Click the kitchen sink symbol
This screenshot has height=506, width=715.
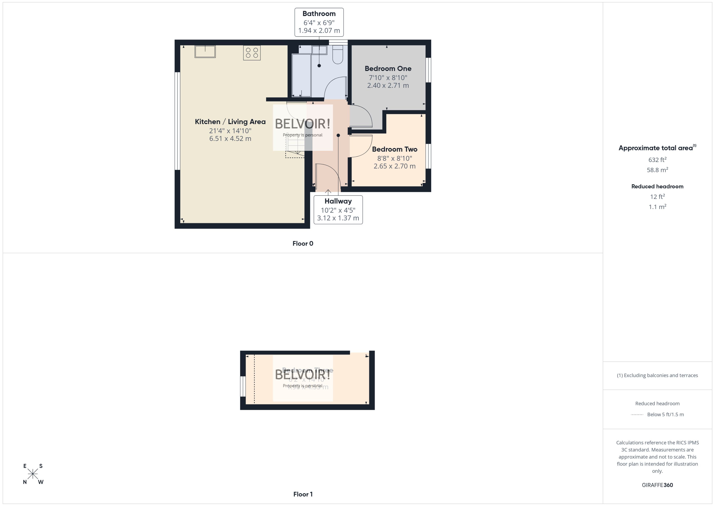click(205, 52)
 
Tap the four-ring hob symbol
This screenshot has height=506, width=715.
click(252, 53)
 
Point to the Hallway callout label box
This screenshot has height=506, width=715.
click(338, 210)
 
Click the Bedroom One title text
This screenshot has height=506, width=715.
click(388, 69)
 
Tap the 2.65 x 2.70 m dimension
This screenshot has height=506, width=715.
click(394, 166)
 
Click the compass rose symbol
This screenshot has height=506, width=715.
click(33, 474)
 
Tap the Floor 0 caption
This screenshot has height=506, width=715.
click(303, 244)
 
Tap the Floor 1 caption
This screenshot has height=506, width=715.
click(303, 494)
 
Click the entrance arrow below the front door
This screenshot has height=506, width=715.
click(328, 192)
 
